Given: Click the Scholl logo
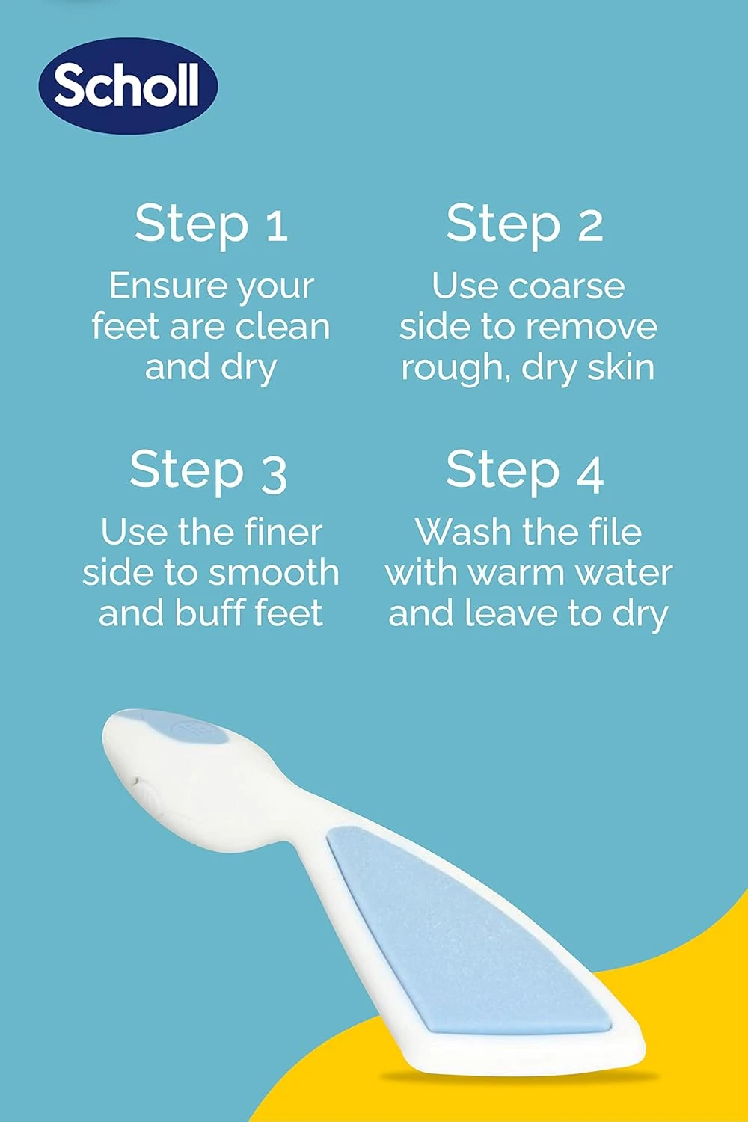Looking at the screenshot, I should click(x=127, y=85).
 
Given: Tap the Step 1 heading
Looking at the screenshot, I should click(x=211, y=224).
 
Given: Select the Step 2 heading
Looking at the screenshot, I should click(x=524, y=224).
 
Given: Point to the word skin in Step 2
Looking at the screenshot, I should click(x=620, y=367).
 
